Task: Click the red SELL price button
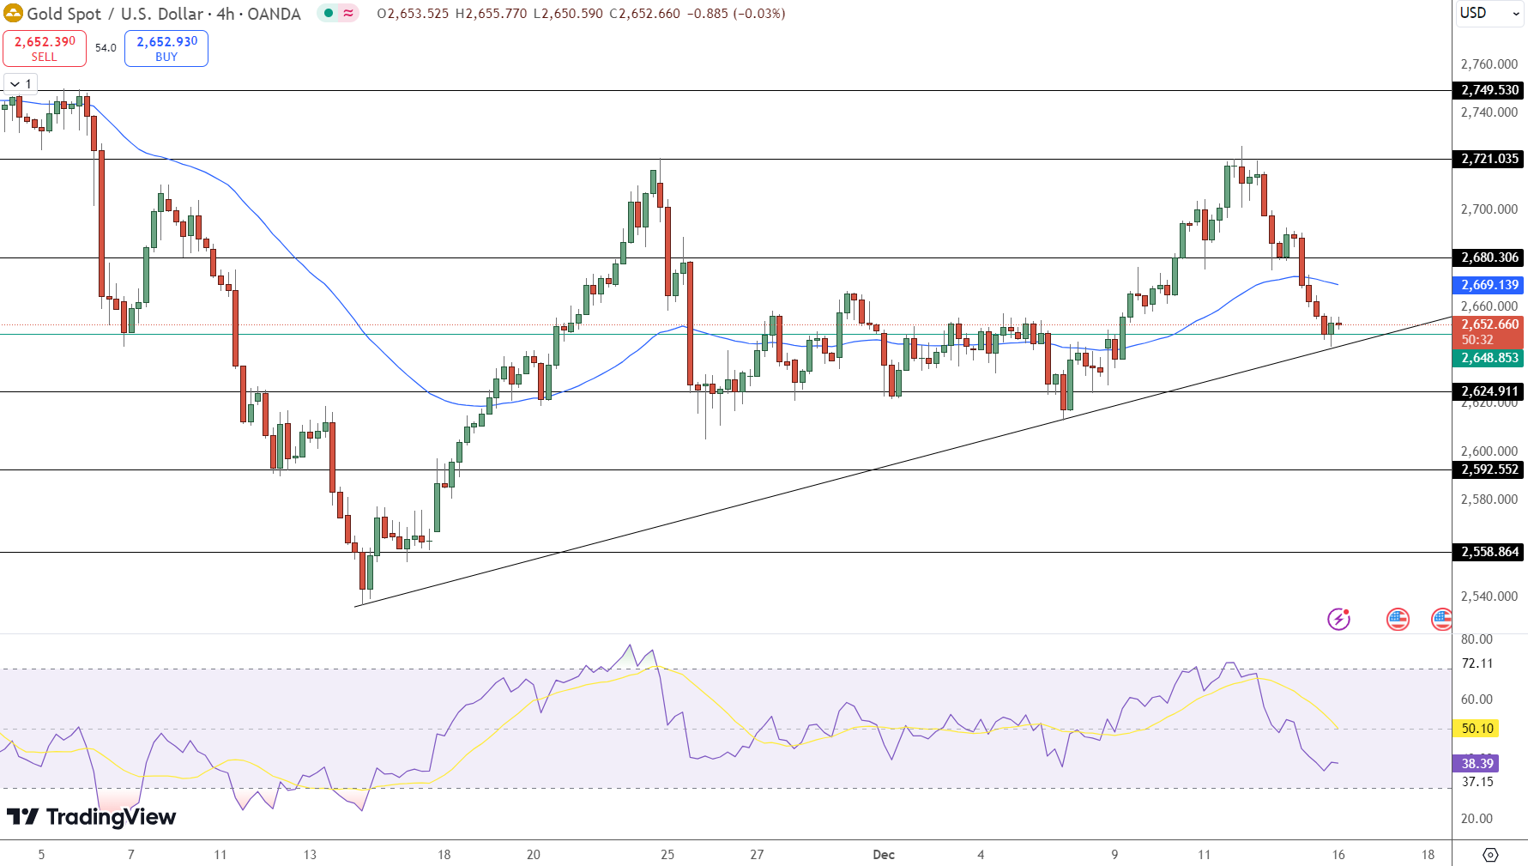pos(45,48)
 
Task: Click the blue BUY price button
pos(166,48)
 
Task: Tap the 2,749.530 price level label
pos(1489,90)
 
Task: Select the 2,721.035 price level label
pos(1489,159)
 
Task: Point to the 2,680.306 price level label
pos(1489,257)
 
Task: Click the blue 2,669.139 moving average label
pos(1489,285)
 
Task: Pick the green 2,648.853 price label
pos(1489,358)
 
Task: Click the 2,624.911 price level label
pos(1489,391)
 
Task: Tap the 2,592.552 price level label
pos(1489,469)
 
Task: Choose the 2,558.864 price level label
pos(1489,552)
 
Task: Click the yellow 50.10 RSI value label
pos(1477,729)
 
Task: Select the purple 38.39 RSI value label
pos(1477,763)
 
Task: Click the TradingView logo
pos(91,817)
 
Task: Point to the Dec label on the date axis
pos(884,855)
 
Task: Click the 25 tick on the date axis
pos(667,855)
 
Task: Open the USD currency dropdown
pos(1489,13)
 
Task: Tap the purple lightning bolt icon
pos(1338,619)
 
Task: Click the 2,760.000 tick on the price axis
pos(1489,64)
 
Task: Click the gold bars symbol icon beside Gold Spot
pos(13,14)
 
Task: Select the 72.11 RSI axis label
pos(1477,663)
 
